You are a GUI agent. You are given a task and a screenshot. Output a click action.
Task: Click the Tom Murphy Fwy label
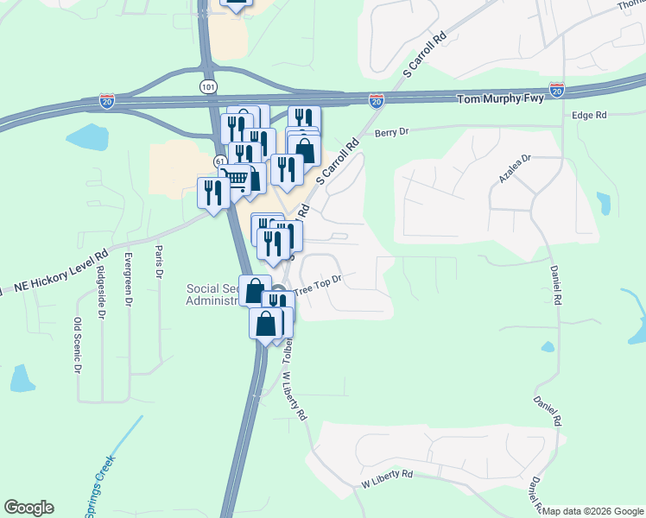[x=501, y=99]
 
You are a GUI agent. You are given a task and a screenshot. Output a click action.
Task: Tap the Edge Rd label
[x=590, y=115]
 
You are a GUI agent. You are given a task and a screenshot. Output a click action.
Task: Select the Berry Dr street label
[x=390, y=131]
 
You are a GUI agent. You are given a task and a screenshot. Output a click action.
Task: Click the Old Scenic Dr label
[x=78, y=344]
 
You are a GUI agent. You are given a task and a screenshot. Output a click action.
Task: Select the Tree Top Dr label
[x=320, y=285]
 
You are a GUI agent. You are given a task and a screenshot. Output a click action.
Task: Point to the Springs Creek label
[x=102, y=489]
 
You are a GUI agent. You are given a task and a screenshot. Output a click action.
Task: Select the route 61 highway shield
[x=220, y=162]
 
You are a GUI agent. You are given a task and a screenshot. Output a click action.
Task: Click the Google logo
[x=28, y=508]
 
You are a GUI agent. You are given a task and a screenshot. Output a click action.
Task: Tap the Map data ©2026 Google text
[x=593, y=511]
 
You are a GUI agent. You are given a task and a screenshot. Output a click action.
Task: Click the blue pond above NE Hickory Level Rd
[x=84, y=136]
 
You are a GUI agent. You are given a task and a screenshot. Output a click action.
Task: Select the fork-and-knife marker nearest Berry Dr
[x=303, y=119]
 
